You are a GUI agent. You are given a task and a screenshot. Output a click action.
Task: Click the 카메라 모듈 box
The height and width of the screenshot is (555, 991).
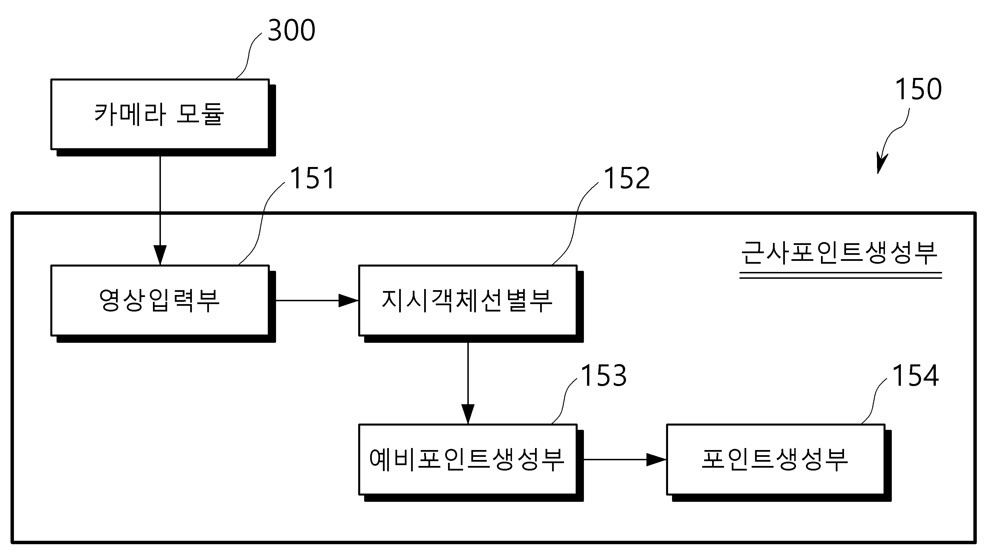coord(160,114)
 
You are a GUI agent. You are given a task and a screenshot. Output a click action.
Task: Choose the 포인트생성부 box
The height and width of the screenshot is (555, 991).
coord(776,459)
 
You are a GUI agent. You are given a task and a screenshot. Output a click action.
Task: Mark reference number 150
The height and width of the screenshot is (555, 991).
coord(918,89)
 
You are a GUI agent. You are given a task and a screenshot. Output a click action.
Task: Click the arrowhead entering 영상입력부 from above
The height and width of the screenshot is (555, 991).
coord(160,255)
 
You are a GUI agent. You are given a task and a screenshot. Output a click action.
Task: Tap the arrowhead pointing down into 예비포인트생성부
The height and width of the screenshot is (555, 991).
coord(468,414)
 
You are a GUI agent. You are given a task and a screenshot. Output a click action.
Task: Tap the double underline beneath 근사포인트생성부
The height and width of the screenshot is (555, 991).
coord(841,275)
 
